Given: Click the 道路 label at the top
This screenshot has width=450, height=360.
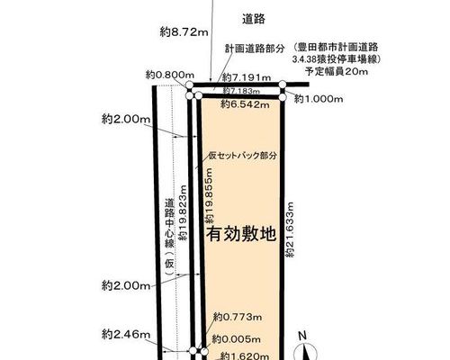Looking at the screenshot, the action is coord(254,19).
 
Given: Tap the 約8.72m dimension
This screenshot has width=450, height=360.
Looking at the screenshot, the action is coord(184,31).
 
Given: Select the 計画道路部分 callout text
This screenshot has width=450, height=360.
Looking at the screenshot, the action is coord(255,49).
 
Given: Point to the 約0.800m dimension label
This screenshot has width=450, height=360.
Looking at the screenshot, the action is coord(170,75).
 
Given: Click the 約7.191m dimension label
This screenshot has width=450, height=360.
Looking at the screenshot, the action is coord(247,78).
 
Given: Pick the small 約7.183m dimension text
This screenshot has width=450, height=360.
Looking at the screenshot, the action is coord(241,90).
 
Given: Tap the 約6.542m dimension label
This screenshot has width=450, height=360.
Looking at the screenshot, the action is coord(245,104).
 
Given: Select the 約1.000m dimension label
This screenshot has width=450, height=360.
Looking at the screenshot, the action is coord(319,99).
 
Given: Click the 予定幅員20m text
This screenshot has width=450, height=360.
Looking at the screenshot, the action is coord(337,71).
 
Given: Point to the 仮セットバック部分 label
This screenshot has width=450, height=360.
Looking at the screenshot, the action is coord(243,156).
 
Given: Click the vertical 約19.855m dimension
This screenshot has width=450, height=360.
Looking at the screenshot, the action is coord(209,195).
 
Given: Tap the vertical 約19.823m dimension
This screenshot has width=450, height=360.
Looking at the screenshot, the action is coord(183,213).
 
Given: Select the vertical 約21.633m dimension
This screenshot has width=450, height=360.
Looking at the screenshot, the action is coord(290,229).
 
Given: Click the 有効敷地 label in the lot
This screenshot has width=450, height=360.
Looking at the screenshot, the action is coord(241,234).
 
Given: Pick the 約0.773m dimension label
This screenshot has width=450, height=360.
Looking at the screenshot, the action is coord(238,317).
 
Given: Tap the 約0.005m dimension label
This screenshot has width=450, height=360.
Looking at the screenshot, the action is coord(236,339).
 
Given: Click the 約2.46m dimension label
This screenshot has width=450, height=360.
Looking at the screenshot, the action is coord(126,334).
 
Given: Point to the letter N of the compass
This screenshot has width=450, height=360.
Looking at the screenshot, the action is coord(302,336).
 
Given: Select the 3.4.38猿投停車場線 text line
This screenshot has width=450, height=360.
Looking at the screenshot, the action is coord(337,59).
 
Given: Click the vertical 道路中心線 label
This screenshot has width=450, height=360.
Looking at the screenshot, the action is coord(169,223).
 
